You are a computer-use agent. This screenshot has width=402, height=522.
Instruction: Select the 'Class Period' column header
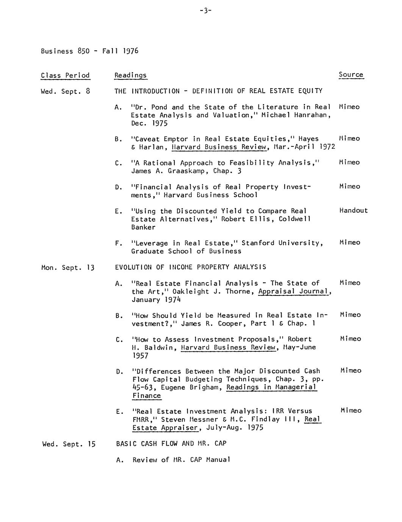65,75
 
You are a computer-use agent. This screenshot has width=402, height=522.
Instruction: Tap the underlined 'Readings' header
130,75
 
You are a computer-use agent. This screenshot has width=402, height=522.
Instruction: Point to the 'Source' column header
351,75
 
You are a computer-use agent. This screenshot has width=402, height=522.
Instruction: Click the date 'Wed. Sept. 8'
65,91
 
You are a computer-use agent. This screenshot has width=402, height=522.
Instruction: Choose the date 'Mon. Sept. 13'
67,268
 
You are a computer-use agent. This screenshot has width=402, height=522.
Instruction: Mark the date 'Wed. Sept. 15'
69,444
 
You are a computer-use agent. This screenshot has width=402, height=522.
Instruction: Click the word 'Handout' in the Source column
353,211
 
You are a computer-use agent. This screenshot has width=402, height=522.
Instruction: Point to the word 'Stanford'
258,243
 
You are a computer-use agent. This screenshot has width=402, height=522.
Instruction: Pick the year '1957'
140,356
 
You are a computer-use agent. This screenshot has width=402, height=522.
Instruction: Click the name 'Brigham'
205,387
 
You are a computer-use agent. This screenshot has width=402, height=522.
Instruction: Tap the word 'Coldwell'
295,219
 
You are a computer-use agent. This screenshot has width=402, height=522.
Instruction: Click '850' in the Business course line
83,51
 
